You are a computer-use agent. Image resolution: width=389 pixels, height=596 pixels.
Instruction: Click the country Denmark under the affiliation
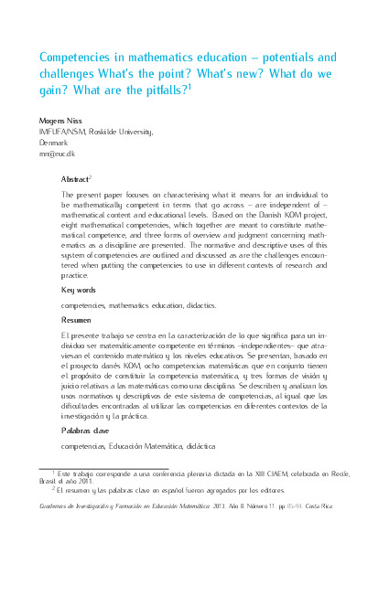pos(53,143)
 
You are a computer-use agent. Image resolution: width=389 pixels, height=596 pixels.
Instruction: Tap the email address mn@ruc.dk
pos(57,154)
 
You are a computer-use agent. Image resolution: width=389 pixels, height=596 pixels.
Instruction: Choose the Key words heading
pos(78,290)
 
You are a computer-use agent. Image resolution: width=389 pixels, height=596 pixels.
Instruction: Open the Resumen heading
pos(76,321)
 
